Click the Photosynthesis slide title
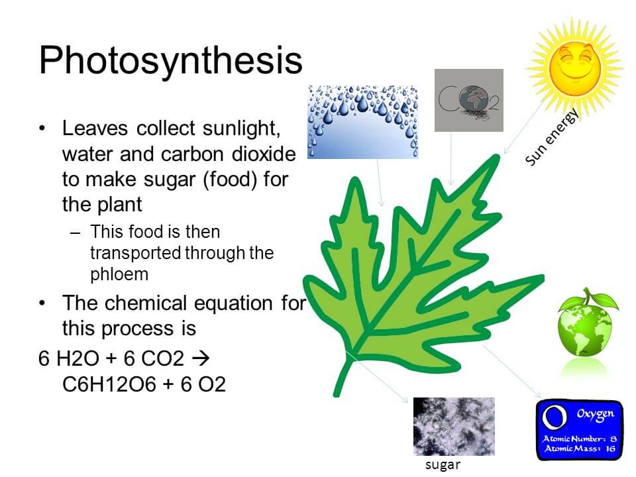[171, 61]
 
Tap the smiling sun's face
[575, 67]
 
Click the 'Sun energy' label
[552, 138]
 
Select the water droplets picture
[363, 122]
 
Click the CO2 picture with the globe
[469, 100]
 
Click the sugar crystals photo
[454, 426]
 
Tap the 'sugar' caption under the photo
[443, 465]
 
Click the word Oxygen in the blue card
[596, 414]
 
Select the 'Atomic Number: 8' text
[580, 439]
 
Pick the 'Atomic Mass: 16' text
[580, 449]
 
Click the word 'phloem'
[119, 275]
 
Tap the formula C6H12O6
[109, 384]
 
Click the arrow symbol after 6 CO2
[201, 358]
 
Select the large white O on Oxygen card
[555, 417]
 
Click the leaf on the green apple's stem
[606, 301]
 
